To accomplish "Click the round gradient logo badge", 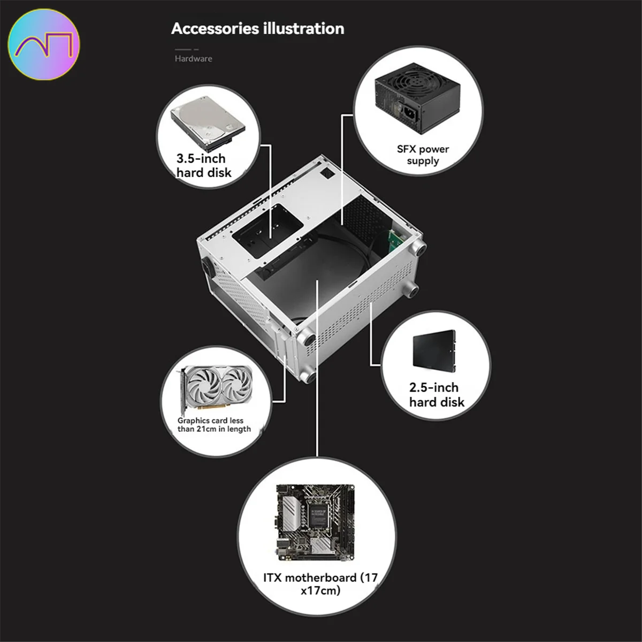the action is pyautogui.click(x=44, y=44).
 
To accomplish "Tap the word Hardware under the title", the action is pyautogui.click(x=194, y=59).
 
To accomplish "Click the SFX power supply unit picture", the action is pyautogui.click(x=417, y=98).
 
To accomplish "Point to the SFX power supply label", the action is pyautogui.click(x=423, y=155).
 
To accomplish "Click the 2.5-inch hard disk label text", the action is pyautogui.click(x=437, y=395).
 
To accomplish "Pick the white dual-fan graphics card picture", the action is pyautogui.click(x=216, y=388).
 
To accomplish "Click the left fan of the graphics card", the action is pyautogui.click(x=203, y=385).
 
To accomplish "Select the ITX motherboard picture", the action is pyautogui.click(x=315, y=522).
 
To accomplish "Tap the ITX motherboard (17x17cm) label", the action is pyautogui.click(x=320, y=584).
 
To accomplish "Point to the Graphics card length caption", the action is pyautogui.click(x=214, y=425).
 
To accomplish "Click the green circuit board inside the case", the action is pyautogui.click(x=396, y=241).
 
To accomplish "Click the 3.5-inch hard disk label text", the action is pyautogui.click(x=204, y=165).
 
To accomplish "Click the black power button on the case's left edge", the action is pyautogui.click(x=206, y=267).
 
